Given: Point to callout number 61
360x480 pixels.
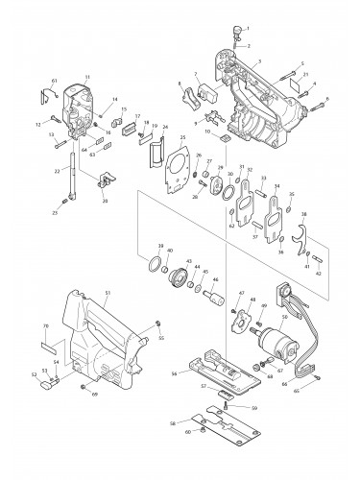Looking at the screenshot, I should pos(55,83).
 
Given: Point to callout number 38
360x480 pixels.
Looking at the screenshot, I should pos(304,214).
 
